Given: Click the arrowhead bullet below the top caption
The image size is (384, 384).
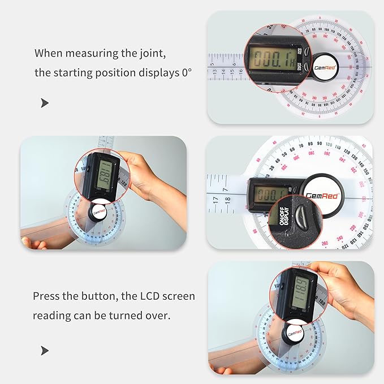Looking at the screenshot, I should [x=45, y=103].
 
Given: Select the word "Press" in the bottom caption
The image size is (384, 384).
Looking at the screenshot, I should [x=46, y=296].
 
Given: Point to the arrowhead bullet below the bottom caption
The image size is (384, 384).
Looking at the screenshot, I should [x=45, y=351].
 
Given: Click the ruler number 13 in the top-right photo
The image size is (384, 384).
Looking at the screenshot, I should [x=215, y=72].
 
